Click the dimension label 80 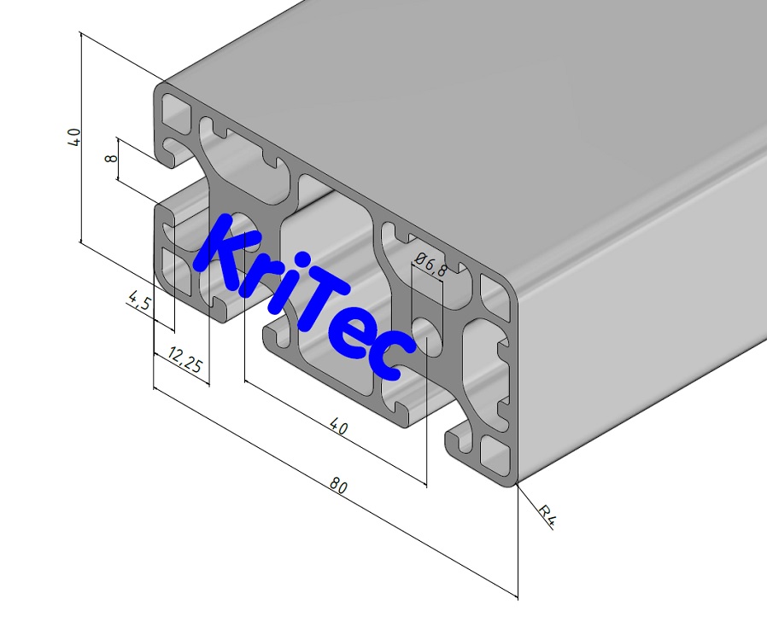[339, 486]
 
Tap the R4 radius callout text [547, 515]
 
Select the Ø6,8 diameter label [429, 265]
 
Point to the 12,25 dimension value [184, 360]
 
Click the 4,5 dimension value [139, 302]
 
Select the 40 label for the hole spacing [338, 427]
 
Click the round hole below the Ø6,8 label [430, 336]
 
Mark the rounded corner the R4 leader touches [515, 482]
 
